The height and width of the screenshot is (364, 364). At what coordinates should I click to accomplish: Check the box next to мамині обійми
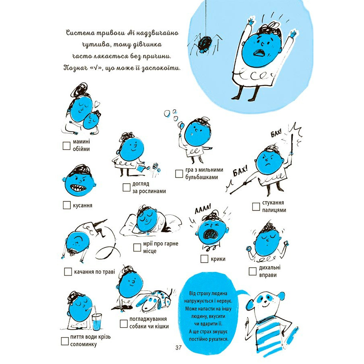pyautogui.click(x=67, y=146)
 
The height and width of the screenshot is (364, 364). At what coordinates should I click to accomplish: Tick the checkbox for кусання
pyautogui.click(x=67, y=205)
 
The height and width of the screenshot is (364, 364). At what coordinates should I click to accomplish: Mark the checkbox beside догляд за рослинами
pyautogui.click(x=126, y=187)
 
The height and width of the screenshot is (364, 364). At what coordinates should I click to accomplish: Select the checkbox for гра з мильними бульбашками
pyautogui.click(x=179, y=174)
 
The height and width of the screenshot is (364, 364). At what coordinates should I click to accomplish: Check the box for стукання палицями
pyautogui.click(x=256, y=207)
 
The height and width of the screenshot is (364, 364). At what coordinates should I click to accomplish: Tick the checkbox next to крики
pyautogui.click(x=204, y=259)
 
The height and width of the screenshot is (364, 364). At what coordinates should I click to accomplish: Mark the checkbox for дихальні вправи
pyautogui.click(x=252, y=271)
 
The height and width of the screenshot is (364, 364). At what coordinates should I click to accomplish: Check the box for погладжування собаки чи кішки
pyautogui.click(x=124, y=323)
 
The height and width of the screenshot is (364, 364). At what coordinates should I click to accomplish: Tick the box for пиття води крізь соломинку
pyautogui.click(x=65, y=341)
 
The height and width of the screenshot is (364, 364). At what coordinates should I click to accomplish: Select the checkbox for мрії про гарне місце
pyautogui.click(x=137, y=247)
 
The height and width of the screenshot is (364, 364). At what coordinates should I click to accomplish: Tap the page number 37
pyautogui.click(x=180, y=347)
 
